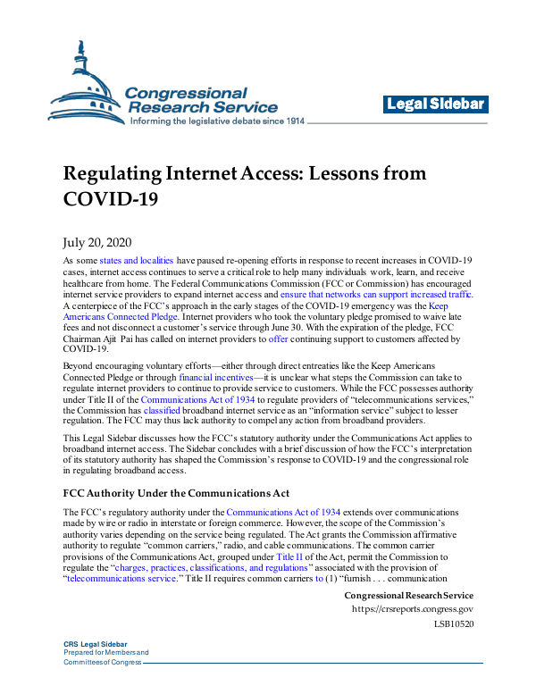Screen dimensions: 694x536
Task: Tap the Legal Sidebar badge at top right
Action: pyautogui.click(x=436, y=105)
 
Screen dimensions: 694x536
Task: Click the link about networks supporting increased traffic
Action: pyautogui.click(x=376, y=294)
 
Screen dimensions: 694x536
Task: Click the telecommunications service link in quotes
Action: pyautogui.click(x=120, y=578)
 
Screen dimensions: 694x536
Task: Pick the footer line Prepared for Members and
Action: pyautogui.click(x=106, y=677)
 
